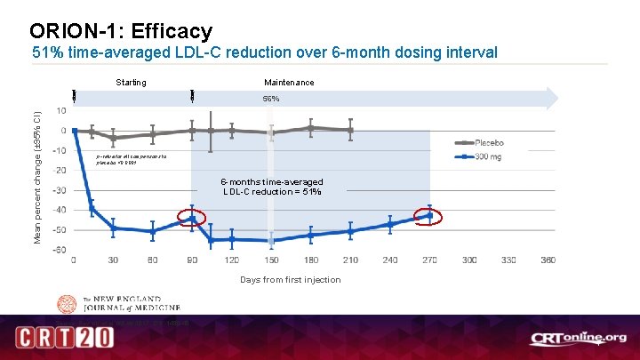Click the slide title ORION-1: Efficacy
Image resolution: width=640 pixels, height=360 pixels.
point(121,31)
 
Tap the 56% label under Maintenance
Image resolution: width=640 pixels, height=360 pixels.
point(270,99)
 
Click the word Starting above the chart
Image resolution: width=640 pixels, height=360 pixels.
point(131,83)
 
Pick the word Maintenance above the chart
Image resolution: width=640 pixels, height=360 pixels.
point(288,83)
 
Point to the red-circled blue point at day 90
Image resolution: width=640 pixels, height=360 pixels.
point(192,218)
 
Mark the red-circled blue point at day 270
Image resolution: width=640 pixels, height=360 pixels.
point(430,216)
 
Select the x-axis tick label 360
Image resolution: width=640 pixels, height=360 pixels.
point(548,260)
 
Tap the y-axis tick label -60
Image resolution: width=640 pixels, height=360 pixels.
point(59,249)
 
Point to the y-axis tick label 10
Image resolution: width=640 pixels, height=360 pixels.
point(60,111)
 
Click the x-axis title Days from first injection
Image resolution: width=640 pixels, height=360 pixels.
point(290,280)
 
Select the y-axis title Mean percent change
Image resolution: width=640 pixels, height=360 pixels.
point(37,178)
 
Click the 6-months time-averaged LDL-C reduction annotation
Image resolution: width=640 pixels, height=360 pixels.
point(272,187)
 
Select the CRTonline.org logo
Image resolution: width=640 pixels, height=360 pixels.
point(579,338)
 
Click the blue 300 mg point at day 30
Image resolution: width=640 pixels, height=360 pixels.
point(113,228)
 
